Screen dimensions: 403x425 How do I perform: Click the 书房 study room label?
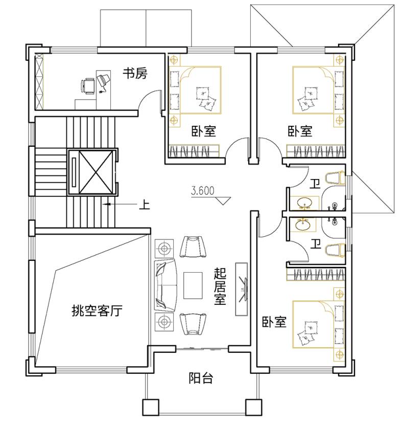[x=135, y=73]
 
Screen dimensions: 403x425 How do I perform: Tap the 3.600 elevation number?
[x=202, y=191]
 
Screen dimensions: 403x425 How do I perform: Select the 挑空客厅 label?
[x=97, y=310]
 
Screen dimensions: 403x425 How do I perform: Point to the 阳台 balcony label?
[x=201, y=378]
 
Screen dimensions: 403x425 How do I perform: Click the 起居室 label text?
[x=220, y=287]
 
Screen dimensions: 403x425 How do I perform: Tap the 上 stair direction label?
[x=144, y=205]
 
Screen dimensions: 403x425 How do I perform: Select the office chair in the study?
[x=88, y=86]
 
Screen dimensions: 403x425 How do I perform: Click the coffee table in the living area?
[x=193, y=285]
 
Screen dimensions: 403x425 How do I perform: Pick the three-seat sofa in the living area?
[x=165, y=285]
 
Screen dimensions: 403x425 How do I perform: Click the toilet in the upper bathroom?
[x=335, y=178]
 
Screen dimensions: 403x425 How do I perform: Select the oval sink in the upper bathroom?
[x=304, y=203]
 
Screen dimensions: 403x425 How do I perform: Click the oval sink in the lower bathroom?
[x=303, y=225]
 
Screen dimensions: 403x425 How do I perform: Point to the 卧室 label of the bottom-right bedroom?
[x=274, y=322]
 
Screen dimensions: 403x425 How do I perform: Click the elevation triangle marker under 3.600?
[x=223, y=200]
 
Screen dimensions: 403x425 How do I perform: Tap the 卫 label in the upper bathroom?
[x=315, y=184]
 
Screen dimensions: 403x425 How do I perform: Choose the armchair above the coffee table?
[x=193, y=247]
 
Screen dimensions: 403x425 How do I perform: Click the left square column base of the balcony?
[x=151, y=407]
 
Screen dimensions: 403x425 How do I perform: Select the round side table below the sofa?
[x=164, y=322]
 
